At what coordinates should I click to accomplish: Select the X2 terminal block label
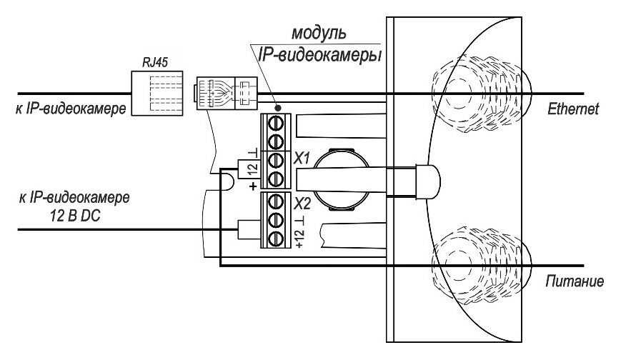pyautogui.click(x=302, y=201)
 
